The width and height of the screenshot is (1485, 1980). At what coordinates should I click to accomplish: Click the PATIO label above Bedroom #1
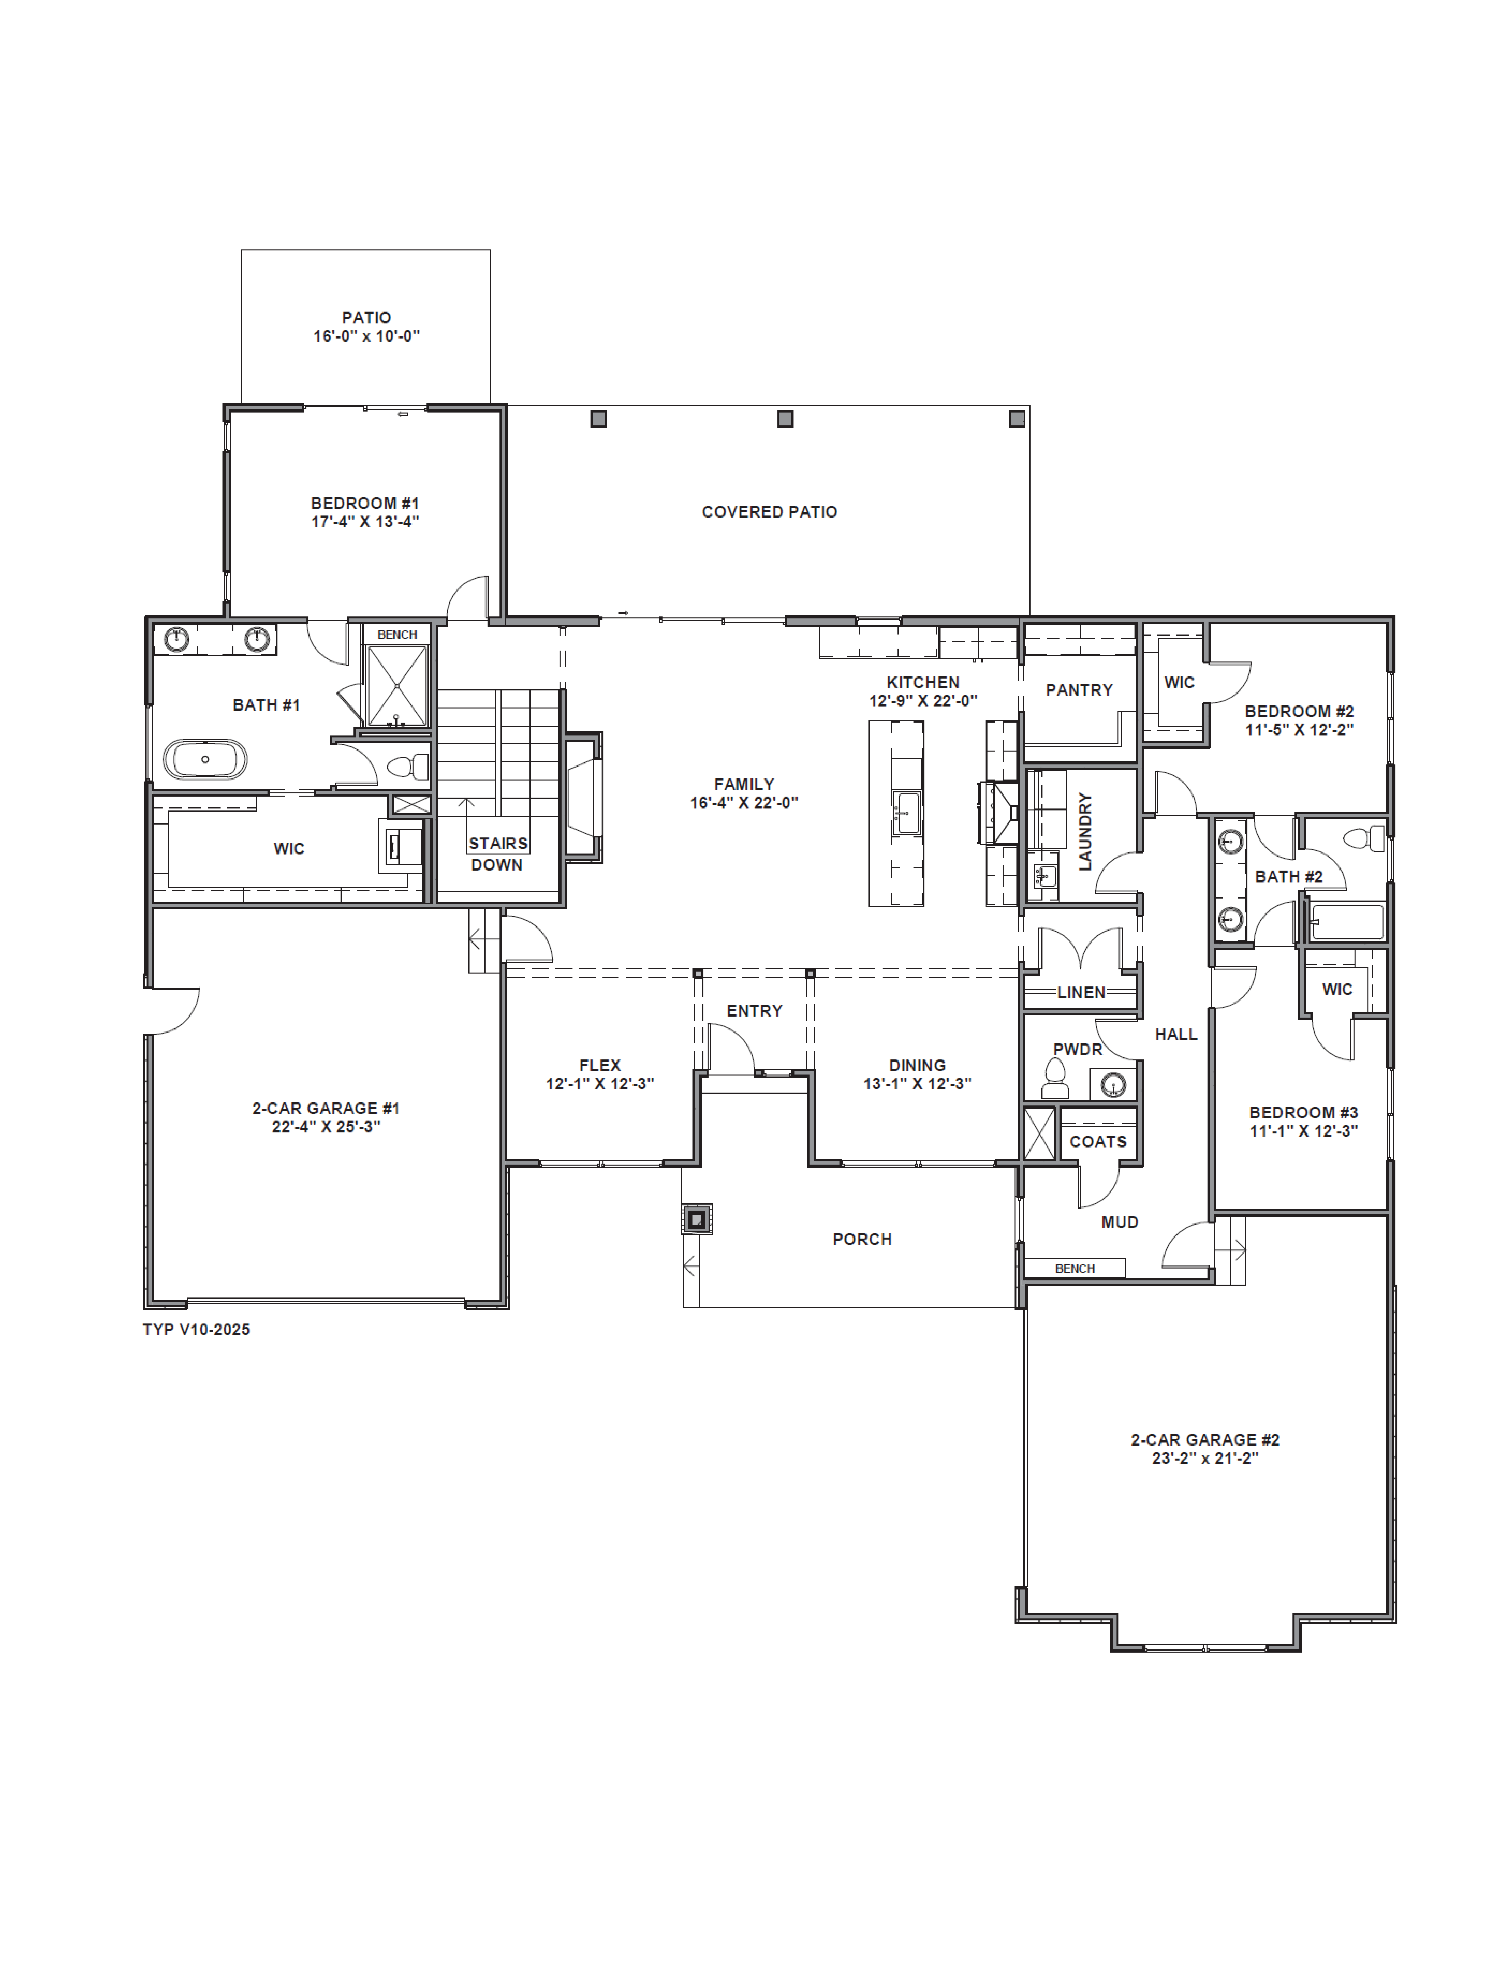(366, 318)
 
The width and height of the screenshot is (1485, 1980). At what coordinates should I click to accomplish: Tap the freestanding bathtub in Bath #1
(205, 759)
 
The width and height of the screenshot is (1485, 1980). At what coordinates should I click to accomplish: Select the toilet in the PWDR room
(1056, 1079)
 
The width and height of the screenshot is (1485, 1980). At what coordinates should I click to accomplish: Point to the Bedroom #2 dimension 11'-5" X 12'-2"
(1299, 730)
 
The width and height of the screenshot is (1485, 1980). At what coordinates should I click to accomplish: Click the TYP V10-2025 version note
(196, 1329)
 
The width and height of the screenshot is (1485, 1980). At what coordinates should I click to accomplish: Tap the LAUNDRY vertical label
(1085, 831)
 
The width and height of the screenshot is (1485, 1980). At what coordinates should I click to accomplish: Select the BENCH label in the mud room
(1074, 1268)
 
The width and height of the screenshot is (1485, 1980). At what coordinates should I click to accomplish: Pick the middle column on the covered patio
(785, 419)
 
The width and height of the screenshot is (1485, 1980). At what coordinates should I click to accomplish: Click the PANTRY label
(1079, 690)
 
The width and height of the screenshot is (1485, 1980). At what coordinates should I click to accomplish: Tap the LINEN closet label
(1081, 992)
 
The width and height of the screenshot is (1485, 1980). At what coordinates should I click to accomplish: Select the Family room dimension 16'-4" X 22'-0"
(744, 803)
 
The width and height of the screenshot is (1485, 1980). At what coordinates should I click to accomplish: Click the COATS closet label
(1097, 1141)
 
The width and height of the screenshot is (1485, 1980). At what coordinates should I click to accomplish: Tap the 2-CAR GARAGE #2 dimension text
(1205, 1458)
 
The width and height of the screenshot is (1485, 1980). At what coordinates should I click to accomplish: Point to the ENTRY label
(754, 1011)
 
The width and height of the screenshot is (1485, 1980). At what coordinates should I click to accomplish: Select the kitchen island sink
(908, 812)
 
